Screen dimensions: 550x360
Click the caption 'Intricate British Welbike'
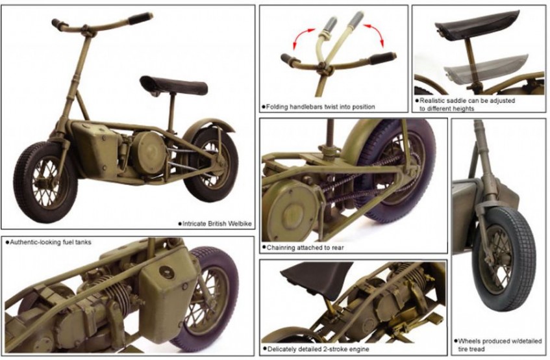217,224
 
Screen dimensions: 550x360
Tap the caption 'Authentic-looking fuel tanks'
50,242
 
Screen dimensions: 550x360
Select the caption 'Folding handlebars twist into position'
320,107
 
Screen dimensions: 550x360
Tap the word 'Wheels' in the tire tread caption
469,341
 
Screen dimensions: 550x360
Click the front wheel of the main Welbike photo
45,183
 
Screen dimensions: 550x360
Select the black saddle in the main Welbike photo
173,85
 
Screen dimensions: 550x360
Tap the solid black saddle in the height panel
477,25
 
